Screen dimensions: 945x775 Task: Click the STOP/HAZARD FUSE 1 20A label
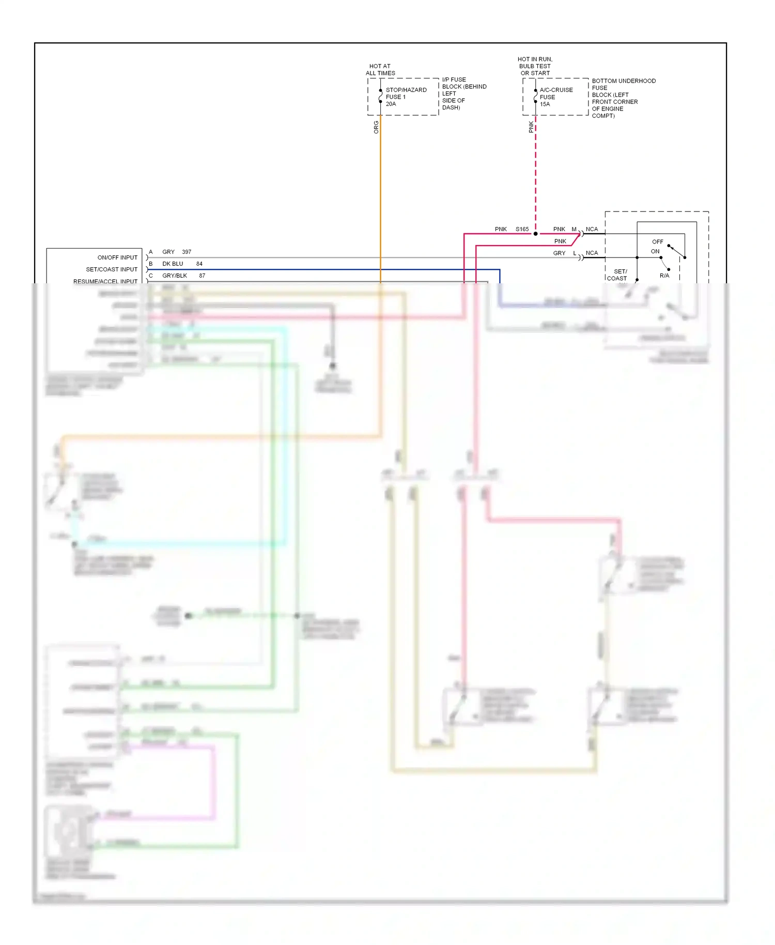[406, 97]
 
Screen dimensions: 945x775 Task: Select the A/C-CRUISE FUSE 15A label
[556, 97]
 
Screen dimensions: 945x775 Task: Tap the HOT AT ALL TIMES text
[380, 70]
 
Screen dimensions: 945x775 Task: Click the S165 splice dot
[536, 234]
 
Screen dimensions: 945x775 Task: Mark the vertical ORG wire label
[376, 127]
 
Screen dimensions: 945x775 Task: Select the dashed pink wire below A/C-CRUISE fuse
[536, 176]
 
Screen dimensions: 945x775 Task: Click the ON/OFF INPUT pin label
[117, 257]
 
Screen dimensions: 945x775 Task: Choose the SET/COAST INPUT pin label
[112, 269]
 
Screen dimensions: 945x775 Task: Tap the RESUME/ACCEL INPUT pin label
[105, 281]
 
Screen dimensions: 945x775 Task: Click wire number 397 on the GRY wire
[187, 252]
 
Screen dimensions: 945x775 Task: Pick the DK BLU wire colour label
[173, 264]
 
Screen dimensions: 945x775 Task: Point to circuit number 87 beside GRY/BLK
[202, 276]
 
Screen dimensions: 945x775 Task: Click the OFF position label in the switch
[657, 241]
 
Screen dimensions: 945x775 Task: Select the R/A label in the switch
[664, 276]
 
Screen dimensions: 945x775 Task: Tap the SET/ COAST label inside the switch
[617, 275]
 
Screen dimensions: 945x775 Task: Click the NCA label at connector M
[592, 229]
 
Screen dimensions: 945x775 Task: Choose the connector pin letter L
[575, 253]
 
